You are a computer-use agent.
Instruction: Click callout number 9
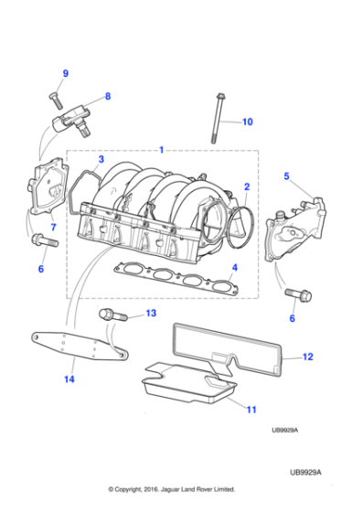click(65, 73)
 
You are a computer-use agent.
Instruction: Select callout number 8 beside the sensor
click(107, 96)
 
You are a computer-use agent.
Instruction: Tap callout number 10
click(246, 121)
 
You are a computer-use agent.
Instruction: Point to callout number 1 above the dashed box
click(161, 149)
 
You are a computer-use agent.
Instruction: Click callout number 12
click(307, 357)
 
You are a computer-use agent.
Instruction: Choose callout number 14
click(69, 376)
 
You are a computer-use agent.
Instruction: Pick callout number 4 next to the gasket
click(234, 268)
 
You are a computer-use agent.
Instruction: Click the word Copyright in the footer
click(144, 489)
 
